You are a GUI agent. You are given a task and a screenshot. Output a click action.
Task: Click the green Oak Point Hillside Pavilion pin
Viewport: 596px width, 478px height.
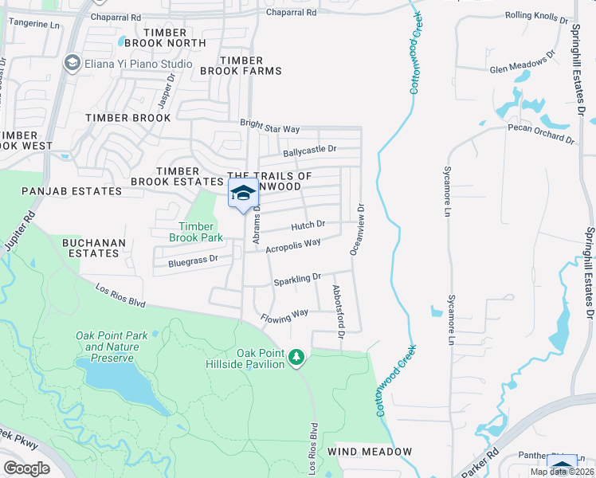pyautogui.click(x=296, y=358)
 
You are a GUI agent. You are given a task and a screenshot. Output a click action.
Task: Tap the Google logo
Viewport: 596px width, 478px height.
pyautogui.click(x=26, y=468)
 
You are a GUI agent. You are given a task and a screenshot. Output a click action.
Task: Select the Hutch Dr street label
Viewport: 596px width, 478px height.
pyautogui.click(x=308, y=225)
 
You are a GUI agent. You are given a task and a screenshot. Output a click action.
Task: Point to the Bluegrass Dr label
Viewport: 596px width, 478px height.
pyautogui.click(x=193, y=261)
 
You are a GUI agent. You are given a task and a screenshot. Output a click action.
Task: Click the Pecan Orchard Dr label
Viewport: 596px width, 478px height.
pyautogui.click(x=542, y=134)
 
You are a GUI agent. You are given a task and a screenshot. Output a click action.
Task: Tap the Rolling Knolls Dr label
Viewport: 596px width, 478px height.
pyautogui.click(x=539, y=16)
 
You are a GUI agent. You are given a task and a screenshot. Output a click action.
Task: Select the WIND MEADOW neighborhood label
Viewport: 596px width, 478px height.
pyautogui.click(x=374, y=452)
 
